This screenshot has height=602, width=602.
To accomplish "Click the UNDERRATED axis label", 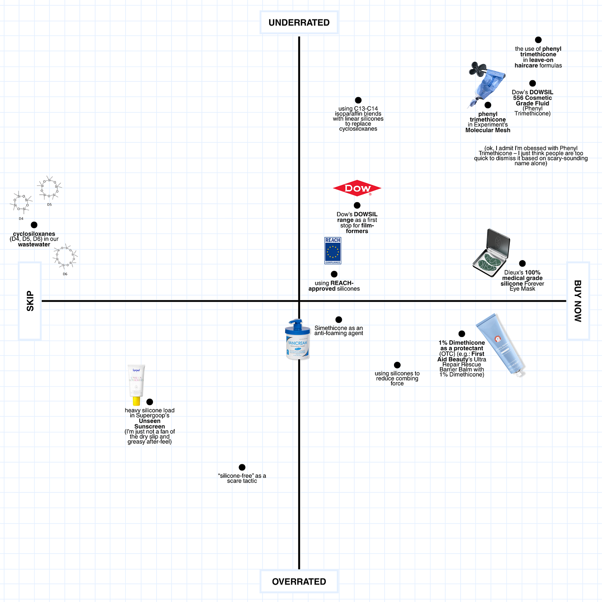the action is [299, 23].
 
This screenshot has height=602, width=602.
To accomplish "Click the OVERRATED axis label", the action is [299, 581].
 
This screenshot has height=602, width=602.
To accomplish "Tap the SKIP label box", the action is [30, 301].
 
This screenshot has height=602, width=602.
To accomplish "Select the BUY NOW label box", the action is [578, 301].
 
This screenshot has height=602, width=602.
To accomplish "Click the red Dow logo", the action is [357, 189].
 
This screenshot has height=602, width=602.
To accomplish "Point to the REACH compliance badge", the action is [333, 251].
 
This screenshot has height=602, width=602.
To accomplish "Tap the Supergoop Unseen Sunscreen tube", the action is [136, 385].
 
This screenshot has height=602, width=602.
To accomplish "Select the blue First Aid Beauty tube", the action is [501, 344].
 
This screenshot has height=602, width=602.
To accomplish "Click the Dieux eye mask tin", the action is [491, 253].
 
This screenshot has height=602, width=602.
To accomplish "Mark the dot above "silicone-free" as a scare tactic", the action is [242, 467].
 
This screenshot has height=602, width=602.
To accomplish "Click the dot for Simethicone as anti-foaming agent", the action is [339, 320].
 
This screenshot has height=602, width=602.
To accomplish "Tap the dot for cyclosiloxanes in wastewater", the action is [34, 225].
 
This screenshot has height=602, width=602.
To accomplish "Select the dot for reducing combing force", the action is [397, 365].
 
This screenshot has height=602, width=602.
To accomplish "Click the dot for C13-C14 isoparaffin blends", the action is [358, 100].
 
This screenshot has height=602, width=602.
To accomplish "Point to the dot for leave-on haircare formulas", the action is [538, 40].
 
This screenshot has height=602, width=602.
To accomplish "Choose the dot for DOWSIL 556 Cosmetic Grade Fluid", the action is [533, 84].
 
